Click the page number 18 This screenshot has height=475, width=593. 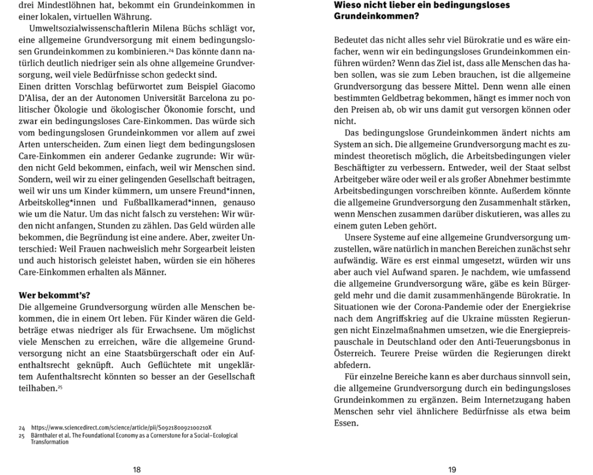pyautogui.click(x=137, y=470)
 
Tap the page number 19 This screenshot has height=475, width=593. pyautogui.click(x=452, y=470)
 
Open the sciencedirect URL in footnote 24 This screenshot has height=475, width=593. pyautogui.click(x=122, y=427)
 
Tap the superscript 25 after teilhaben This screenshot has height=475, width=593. pyautogui.click(x=60, y=387)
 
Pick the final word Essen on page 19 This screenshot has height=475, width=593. pyautogui.click(x=346, y=423)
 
